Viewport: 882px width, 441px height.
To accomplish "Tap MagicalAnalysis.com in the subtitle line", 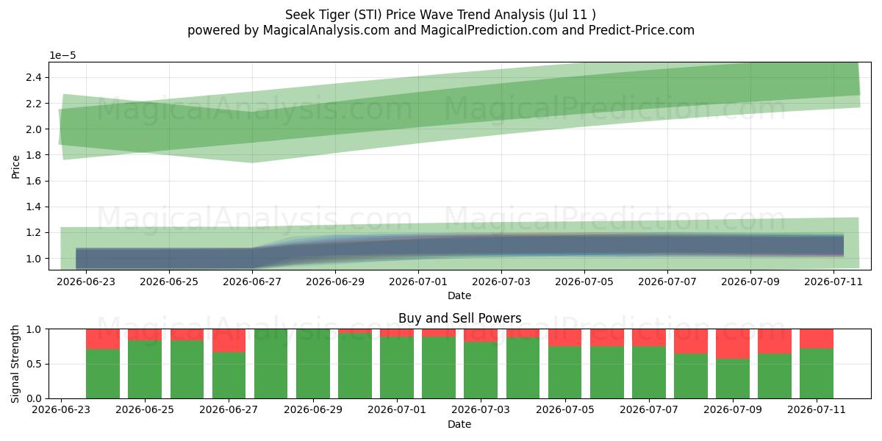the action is pos(326,30).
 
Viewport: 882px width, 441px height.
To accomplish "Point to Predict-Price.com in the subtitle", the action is pos(642,30).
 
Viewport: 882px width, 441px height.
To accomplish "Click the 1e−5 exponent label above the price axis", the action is pos(62,56).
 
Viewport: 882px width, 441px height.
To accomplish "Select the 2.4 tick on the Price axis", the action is pos(34,78).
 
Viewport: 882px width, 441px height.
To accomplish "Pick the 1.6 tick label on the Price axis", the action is pos(34,181).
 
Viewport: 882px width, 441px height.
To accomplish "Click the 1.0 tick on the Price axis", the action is pos(34,259).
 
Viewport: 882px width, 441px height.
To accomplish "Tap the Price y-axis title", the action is pos(15,167).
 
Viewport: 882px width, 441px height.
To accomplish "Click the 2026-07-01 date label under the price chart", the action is pos(418,282).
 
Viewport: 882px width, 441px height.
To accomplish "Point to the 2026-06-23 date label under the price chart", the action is pos(86,282).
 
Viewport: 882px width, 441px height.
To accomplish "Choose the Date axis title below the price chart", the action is pos(459,295).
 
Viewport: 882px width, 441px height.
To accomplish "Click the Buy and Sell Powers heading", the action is pos(460,318).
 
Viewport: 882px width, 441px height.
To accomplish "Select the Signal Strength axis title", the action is pos(15,364).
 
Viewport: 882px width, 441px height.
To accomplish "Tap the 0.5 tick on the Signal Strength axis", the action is pos(34,364).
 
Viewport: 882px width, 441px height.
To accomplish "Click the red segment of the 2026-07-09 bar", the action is pos(733,344).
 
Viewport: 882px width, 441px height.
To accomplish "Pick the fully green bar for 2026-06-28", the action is pos(271,364).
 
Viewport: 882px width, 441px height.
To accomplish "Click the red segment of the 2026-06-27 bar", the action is pos(229,340).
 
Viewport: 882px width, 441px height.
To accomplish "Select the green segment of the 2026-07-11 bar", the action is pos(817,373).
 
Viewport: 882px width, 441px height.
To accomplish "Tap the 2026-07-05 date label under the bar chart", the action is pos(565,410).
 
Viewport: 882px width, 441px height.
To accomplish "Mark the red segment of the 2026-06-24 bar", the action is pos(103,340).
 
